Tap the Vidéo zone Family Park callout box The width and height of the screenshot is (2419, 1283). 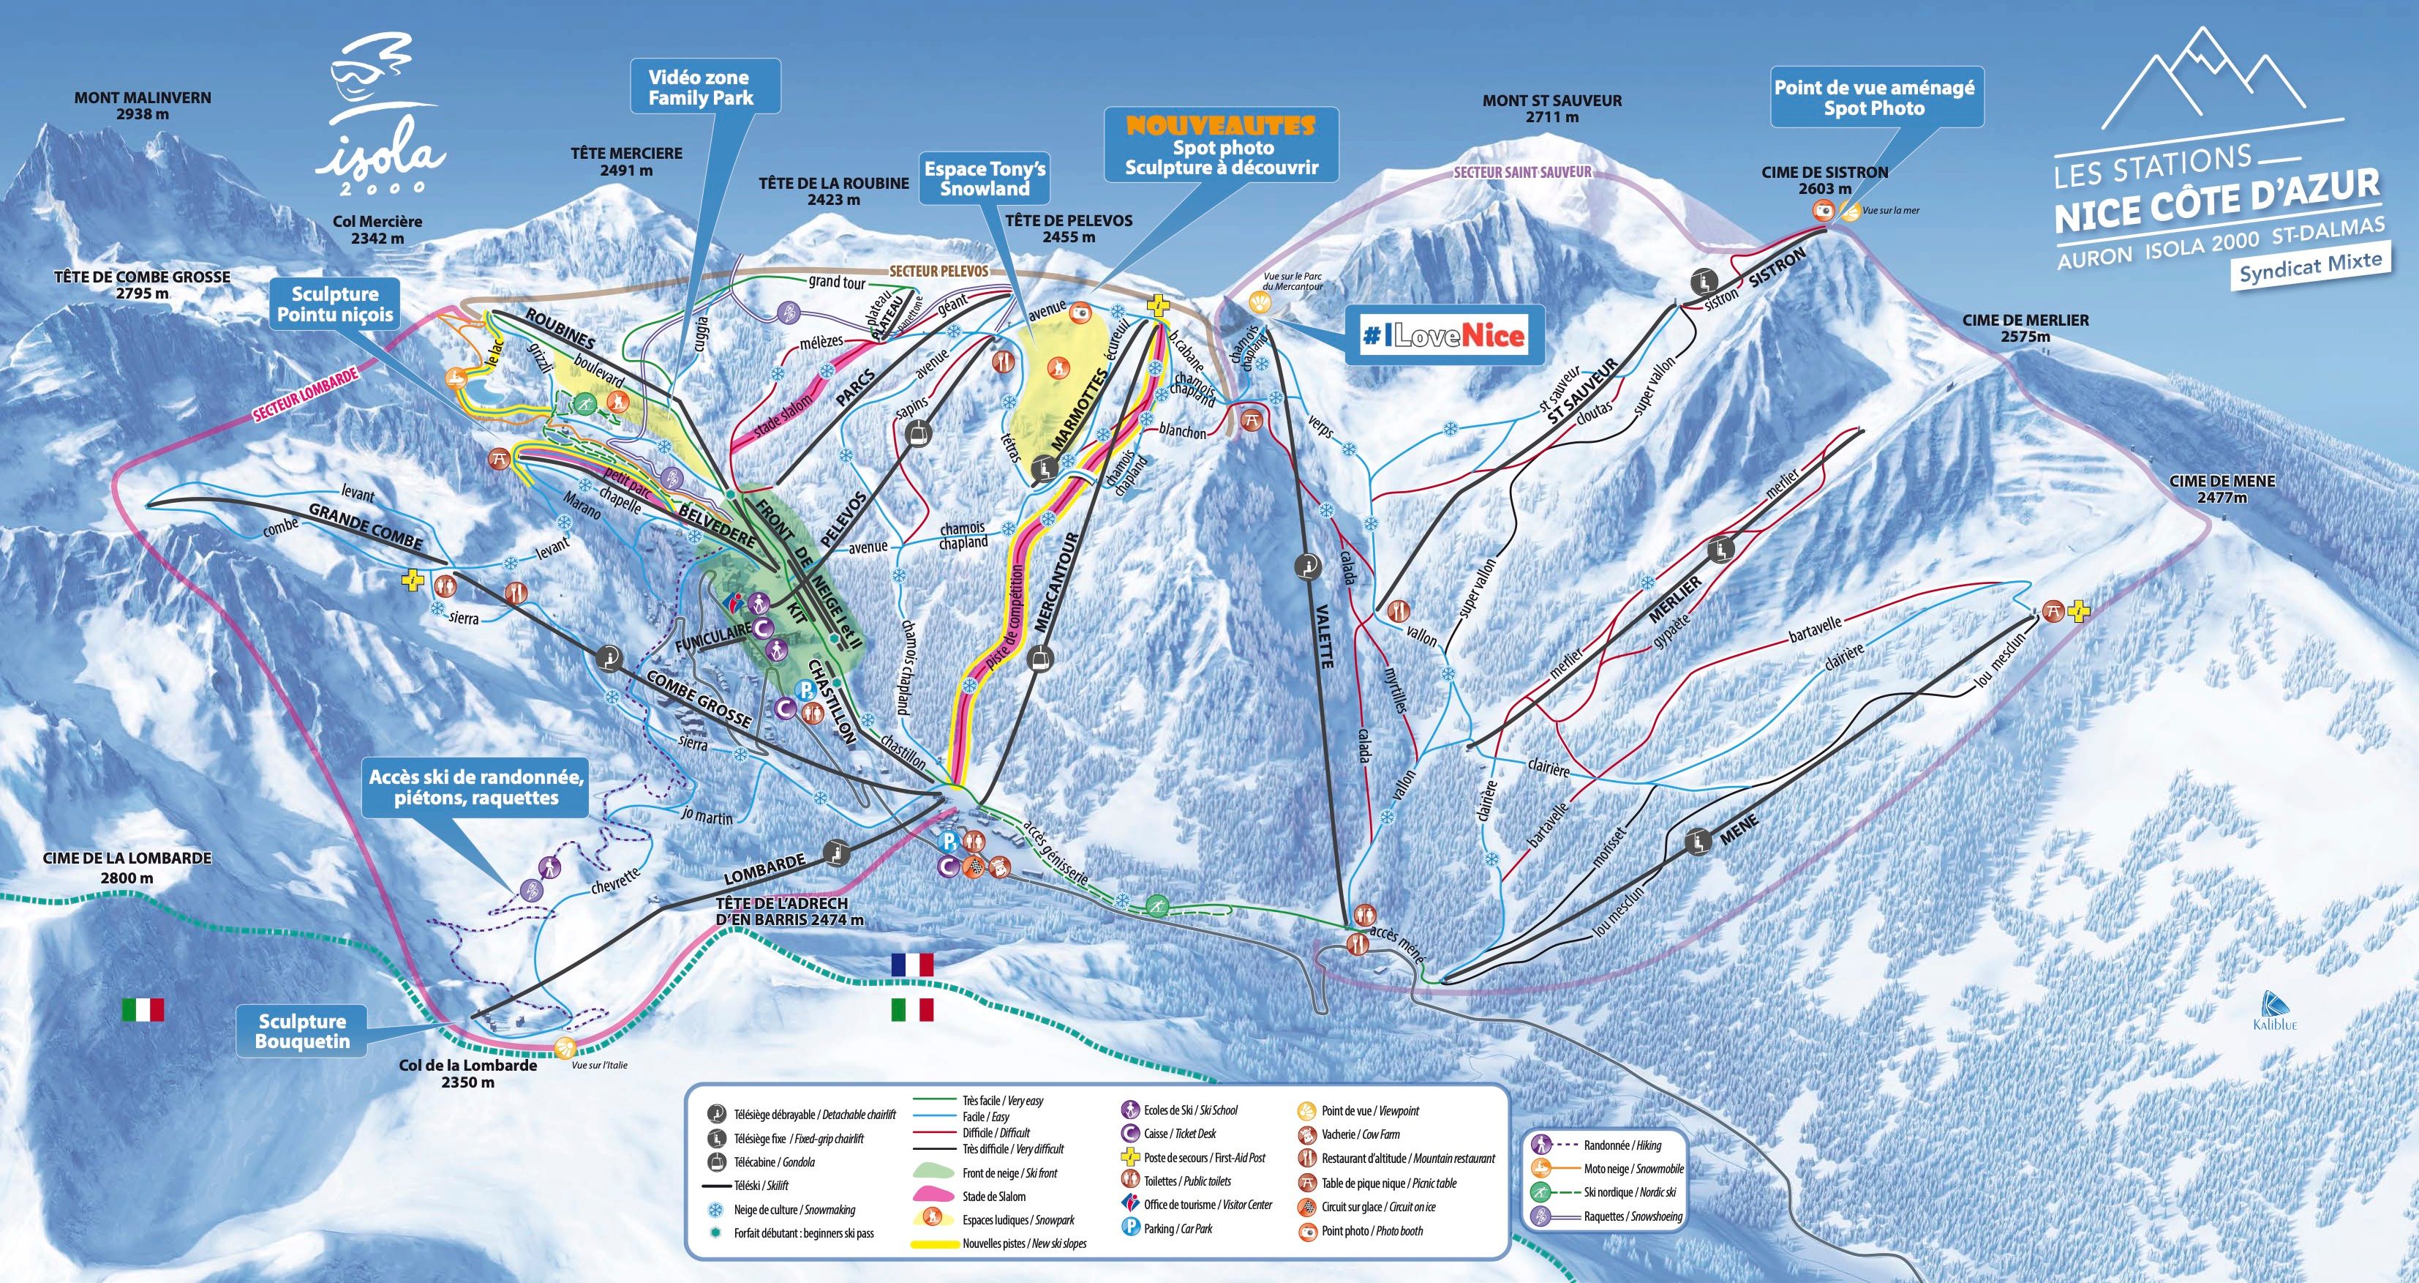[x=701, y=87]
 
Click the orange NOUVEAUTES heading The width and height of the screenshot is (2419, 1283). [x=1221, y=125]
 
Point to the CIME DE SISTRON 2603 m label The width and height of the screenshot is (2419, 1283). [x=1824, y=180]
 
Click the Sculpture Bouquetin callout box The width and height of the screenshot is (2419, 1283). [x=302, y=1030]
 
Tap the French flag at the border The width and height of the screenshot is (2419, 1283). [x=912, y=965]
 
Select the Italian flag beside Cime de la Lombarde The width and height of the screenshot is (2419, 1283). [x=143, y=1010]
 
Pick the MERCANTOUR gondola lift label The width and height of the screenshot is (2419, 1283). [x=1055, y=581]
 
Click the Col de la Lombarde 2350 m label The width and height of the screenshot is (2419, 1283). [x=467, y=1073]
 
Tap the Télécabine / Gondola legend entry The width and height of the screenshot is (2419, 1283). [x=774, y=1162]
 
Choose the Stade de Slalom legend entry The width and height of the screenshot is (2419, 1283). [x=993, y=1197]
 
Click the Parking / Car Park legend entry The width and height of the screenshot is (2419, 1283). [x=1178, y=1227]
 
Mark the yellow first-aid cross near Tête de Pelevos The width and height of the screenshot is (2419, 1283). [x=1158, y=306]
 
